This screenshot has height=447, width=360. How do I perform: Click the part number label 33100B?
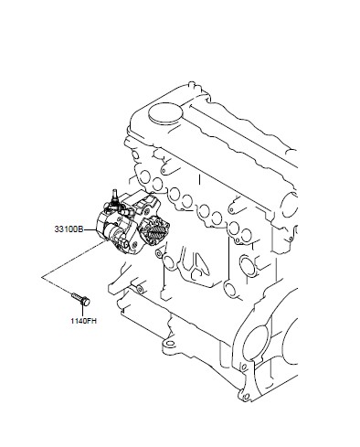tap(69, 229)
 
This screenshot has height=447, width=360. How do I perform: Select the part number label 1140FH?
tap(83, 321)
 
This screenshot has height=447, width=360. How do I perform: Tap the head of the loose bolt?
tap(86, 302)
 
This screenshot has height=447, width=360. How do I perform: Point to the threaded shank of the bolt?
tap(77, 296)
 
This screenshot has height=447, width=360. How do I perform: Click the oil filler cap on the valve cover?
tap(165, 113)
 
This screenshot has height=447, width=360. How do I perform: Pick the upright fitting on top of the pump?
tap(115, 196)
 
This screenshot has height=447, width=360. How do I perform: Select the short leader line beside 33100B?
tap(90, 229)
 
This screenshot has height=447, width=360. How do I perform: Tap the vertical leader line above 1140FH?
tap(83, 311)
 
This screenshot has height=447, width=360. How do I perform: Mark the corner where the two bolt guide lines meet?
tap(42, 277)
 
